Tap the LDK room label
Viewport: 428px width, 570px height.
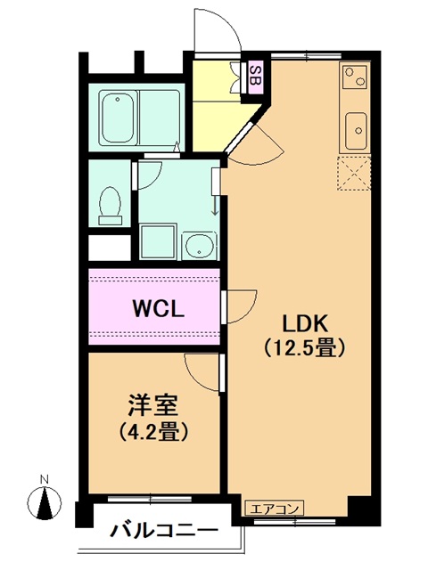[305, 322]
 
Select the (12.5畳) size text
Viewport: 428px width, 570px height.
[304, 348]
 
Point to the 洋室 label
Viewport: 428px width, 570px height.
[152, 405]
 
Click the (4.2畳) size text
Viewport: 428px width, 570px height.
[152, 431]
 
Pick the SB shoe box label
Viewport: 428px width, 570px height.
[256, 77]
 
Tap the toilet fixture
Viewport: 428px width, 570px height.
[110, 206]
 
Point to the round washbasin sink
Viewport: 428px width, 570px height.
[199, 245]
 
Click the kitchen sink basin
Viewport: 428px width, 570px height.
[356, 131]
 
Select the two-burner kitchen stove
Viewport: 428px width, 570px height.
[355, 77]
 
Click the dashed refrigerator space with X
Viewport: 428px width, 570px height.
[354, 173]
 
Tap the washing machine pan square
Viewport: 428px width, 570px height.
[158, 241]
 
